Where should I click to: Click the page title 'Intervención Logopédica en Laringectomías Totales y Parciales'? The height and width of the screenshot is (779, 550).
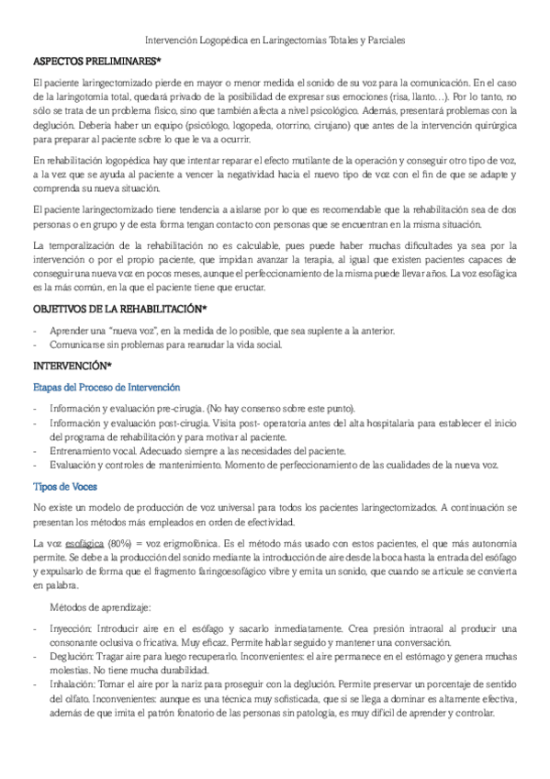(275, 41)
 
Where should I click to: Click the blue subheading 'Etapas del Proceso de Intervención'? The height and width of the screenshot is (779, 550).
(106, 387)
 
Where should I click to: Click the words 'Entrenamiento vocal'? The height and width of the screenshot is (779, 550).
(99, 451)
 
